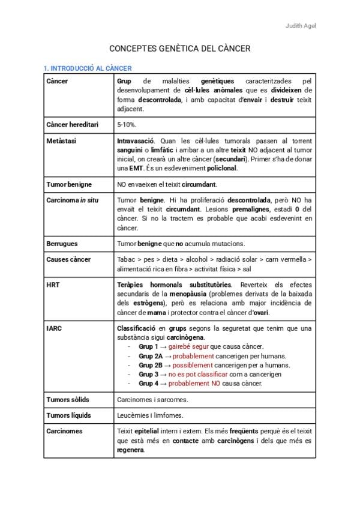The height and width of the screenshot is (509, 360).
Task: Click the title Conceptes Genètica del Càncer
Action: (179, 48)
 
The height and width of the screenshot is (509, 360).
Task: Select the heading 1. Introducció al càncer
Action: (88, 68)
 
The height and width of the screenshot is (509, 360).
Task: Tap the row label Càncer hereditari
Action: (72, 124)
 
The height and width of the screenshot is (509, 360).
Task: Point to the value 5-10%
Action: (127, 124)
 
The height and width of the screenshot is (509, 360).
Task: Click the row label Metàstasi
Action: (61, 140)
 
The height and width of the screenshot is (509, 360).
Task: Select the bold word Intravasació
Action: (136, 140)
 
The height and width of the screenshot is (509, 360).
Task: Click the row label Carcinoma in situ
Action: (72, 200)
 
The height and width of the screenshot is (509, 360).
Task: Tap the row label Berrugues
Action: (62, 244)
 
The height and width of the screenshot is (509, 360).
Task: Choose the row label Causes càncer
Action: (68, 259)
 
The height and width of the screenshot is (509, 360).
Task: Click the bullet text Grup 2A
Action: (151, 356)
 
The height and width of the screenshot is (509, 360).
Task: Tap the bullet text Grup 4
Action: (148, 383)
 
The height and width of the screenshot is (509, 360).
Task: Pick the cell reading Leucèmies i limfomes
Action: (150, 415)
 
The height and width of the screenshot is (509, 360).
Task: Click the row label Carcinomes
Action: (65, 431)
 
